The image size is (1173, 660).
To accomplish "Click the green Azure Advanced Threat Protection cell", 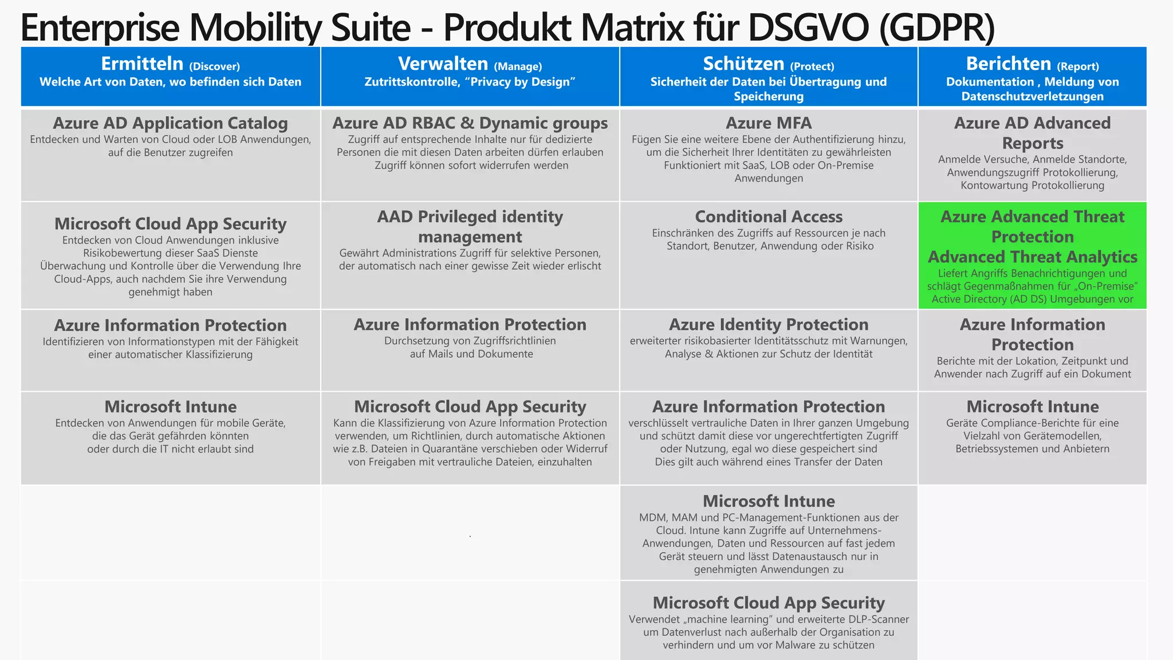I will pyautogui.click(x=1032, y=256).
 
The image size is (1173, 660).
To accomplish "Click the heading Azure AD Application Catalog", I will pyautogui.click(x=170, y=123).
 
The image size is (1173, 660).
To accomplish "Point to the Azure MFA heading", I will pyautogui.click(x=768, y=123).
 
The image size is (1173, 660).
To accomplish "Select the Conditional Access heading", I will pyautogui.click(x=768, y=217).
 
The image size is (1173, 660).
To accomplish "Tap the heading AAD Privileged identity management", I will pyautogui.click(x=470, y=226).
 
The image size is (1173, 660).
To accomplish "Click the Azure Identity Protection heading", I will pyautogui.click(x=768, y=325).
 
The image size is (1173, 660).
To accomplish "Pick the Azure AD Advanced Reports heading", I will pyautogui.click(x=1032, y=133).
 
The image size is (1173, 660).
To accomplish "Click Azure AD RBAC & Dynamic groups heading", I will pyautogui.click(x=470, y=123).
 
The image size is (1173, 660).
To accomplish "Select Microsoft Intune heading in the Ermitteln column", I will pyautogui.click(x=170, y=407).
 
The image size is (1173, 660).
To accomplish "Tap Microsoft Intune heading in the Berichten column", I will pyautogui.click(x=1032, y=407).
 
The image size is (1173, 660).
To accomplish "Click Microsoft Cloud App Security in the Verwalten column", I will pyautogui.click(x=470, y=407).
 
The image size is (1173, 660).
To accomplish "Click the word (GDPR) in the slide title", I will pyautogui.click(x=937, y=27).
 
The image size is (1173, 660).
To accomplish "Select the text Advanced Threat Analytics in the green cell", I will pyautogui.click(x=1032, y=257).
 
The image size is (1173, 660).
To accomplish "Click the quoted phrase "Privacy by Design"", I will pyautogui.click(x=520, y=82).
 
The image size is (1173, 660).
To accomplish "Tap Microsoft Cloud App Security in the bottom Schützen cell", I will pyautogui.click(x=768, y=603).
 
